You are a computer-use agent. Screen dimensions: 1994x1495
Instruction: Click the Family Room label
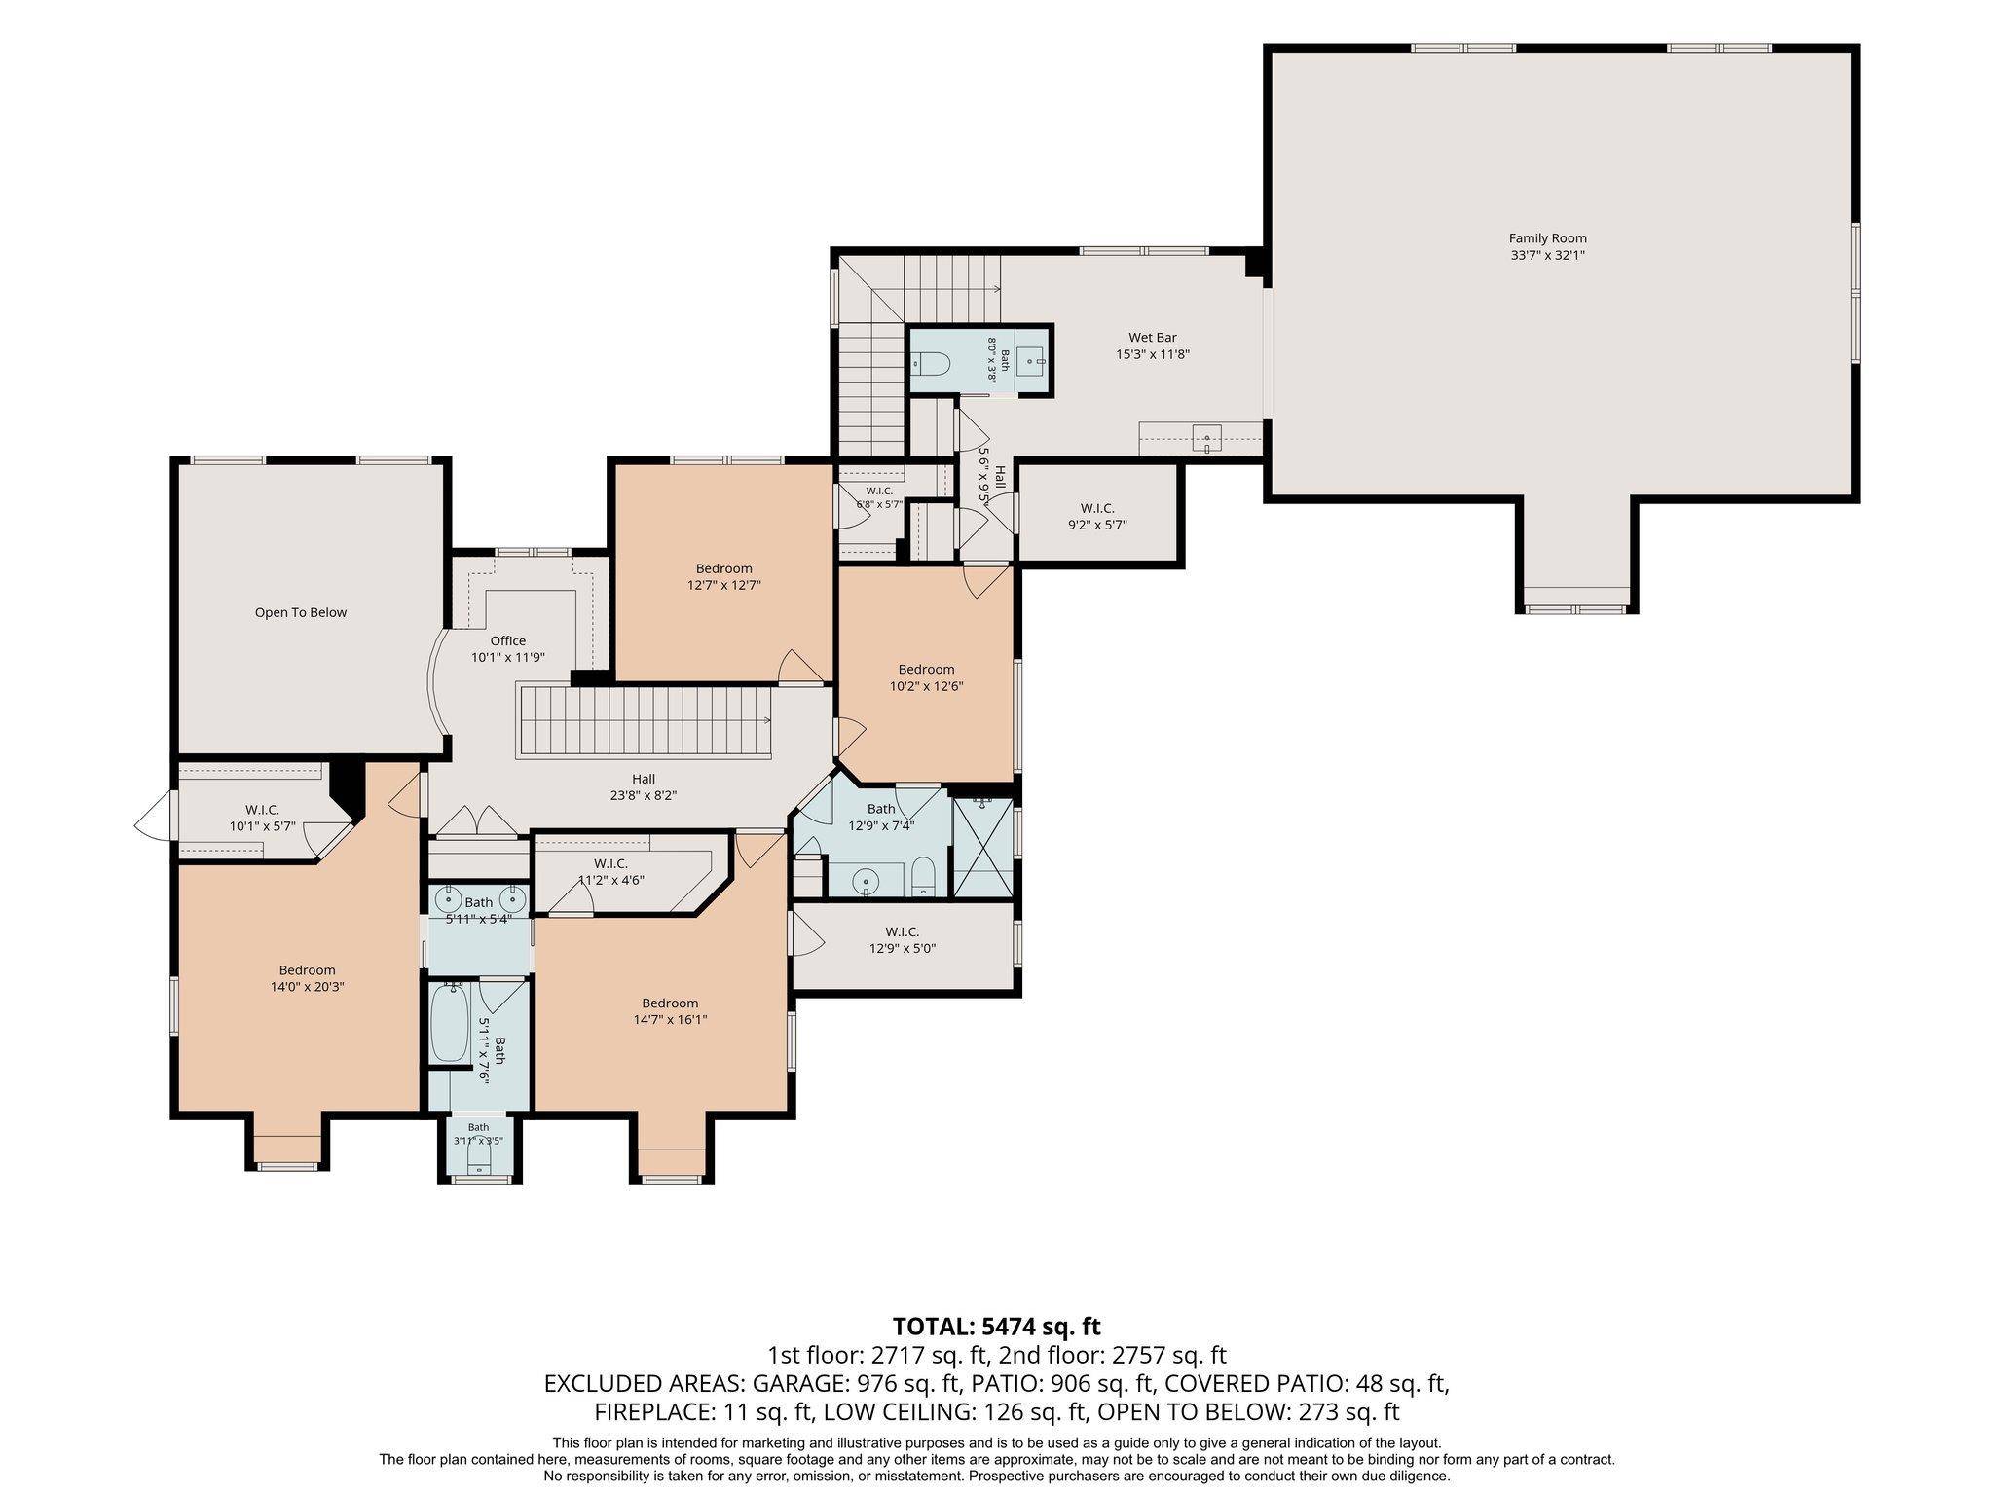pyautogui.click(x=1547, y=238)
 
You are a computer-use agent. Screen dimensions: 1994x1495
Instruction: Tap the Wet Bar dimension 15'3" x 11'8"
pyautogui.click(x=1153, y=355)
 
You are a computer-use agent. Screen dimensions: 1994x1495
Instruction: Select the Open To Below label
pyautogui.click(x=301, y=613)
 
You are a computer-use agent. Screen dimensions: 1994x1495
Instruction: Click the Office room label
pyautogui.click(x=508, y=640)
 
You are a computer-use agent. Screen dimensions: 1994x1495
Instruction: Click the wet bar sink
pyautogui.click(x=1207, y=439)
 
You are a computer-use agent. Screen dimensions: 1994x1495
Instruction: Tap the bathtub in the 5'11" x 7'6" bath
pyautogui.click(x=450, y=1023)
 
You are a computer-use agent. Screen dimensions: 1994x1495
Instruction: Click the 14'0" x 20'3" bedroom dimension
pyautogui.click(x=308, y=987)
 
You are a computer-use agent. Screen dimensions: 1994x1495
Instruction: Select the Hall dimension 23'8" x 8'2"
pyautogui.click(x=644, y=795)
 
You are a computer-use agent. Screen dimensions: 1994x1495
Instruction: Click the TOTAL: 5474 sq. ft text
pyautogui.click(x=997, y=1326)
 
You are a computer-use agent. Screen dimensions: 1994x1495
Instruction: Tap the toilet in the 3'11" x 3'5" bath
pyautogui.click(x=479, y=1159)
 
